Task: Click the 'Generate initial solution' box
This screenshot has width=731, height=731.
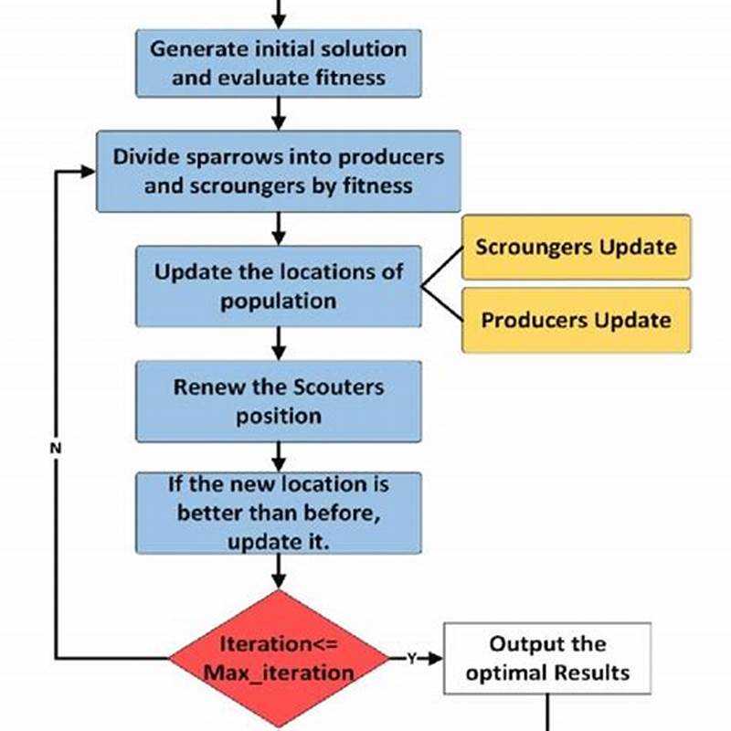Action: pos(278,62)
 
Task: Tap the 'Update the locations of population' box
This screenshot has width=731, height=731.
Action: pos(278,286)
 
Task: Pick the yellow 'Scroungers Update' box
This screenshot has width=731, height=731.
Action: pos(576,247)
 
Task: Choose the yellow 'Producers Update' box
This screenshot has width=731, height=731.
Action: pos(576,320)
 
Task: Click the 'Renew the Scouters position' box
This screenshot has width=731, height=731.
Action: pos(278,401)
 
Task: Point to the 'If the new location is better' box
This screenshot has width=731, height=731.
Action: pos(278,513)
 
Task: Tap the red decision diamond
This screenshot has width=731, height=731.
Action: pos(278,658)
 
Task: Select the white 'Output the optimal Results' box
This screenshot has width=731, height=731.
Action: pos(547,658)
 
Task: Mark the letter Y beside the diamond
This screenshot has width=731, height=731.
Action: pos(411,658)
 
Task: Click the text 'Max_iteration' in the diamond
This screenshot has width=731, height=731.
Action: pos(278,673)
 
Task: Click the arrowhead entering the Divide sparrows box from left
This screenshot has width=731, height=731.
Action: pos(89,171)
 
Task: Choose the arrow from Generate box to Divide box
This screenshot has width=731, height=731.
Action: pos(278,113)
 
